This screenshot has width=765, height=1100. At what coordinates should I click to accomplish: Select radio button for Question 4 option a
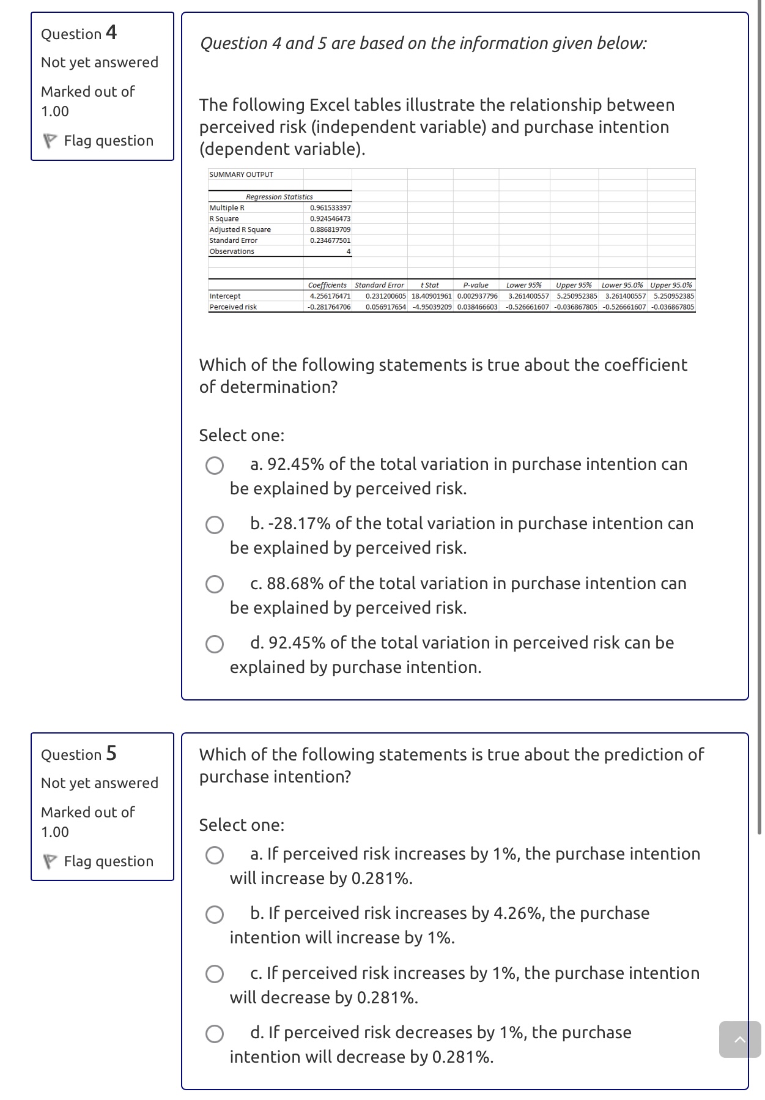pos(214,466)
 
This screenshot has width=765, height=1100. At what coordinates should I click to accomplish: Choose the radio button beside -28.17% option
pos(214,525)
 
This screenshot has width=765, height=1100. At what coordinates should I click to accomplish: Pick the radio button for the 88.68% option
pos(214,585)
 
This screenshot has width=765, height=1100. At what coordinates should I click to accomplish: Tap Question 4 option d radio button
pos(214,644)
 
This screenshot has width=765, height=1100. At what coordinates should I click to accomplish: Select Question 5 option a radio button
pos(214,855)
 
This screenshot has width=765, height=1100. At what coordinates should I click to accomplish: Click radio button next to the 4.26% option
pos(214,915)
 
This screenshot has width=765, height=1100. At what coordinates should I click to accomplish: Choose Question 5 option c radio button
pos(214,975)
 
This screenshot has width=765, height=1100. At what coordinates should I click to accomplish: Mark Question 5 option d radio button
pos(214,1034)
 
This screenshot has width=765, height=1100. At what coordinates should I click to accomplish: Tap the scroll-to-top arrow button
pos(739,1039)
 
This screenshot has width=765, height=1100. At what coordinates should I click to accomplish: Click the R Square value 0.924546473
pos(330,218)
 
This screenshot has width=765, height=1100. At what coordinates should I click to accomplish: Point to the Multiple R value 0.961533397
pos(330,208)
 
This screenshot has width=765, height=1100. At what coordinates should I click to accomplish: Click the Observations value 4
pos(348,251)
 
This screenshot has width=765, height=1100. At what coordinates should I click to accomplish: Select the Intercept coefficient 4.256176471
pos(330,296)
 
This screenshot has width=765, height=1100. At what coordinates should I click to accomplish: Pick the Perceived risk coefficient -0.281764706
pos(329,307)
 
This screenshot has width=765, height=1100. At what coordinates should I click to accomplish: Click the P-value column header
pos(476,285)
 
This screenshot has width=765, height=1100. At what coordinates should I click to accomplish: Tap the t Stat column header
pos(430,285)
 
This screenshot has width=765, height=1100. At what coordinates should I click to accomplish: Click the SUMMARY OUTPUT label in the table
pos(241,174)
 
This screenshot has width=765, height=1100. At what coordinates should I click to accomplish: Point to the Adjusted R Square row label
pos(240,229)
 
